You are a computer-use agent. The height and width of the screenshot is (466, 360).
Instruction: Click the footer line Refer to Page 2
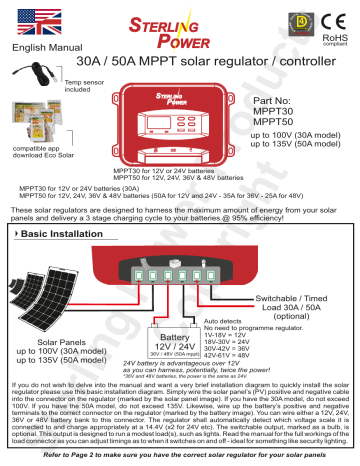click(x=181, y=455)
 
